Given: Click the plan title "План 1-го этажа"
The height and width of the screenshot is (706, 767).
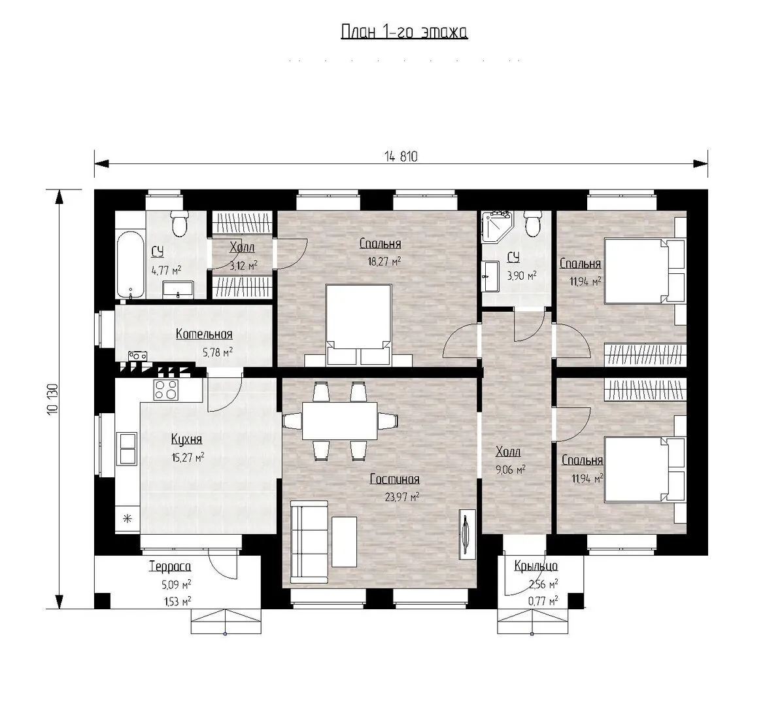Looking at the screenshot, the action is tap(404, 32).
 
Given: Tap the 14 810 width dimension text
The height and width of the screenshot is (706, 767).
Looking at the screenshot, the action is tap(401, 156).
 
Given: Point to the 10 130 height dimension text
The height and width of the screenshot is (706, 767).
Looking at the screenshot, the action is tap(53, 399).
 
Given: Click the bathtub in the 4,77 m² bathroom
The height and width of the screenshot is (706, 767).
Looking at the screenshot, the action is tap(131, 265).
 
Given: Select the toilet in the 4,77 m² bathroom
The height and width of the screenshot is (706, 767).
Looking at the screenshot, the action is tap(179, 222).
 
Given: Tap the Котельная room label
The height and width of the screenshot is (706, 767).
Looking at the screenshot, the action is tap(204, 335).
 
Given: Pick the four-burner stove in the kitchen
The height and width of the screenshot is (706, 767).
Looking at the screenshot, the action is tap(166, 390).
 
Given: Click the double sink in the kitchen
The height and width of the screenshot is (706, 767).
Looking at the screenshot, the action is tap(128, 448).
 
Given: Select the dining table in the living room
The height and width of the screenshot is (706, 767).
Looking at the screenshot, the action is tap(339, 420).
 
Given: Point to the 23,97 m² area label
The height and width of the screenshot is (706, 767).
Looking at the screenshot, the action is tap(402, 497).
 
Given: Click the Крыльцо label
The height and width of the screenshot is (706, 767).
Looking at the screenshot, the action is tap(536, 566).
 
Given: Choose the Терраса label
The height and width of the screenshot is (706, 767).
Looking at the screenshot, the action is tap(170, 567).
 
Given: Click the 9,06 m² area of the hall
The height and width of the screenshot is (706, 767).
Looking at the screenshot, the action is tap(511, 470).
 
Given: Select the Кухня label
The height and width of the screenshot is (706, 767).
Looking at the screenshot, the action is tap(186, 439).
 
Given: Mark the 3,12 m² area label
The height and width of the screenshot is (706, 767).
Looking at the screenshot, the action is tap(244, 265).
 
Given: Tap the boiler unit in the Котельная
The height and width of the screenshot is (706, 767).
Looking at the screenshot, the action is tap(137, 356).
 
